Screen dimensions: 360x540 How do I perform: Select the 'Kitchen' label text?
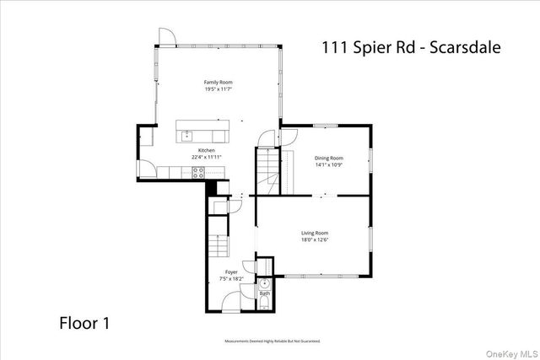(195, 150)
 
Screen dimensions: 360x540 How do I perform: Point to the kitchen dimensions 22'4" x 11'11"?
(195, 157)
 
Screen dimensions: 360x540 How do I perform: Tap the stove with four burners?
(199, 172)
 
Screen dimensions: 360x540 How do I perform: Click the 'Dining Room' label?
(329, 158)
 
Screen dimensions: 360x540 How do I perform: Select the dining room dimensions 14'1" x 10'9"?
(329, 164)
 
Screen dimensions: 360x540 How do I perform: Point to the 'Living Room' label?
(315, 233)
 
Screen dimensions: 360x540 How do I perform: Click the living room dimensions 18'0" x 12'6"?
(315, 239)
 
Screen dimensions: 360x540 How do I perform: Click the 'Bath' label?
(264, 293)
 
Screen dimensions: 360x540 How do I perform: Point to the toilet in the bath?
(263, 304)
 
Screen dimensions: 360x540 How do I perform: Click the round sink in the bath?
(263, 283)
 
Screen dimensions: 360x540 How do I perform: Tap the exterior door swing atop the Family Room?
(165, 35)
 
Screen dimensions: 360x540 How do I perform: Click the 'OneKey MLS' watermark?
(509, 351)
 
